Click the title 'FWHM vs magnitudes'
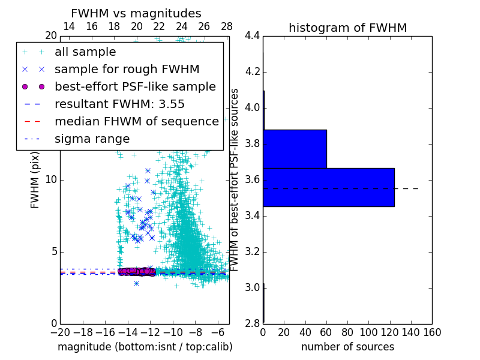point(136,13)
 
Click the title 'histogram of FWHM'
point(347,28)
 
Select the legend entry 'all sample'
point(85,52)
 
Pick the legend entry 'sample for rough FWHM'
point(127,70)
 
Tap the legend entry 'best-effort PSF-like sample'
point(135,87)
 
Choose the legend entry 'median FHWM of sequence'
point(136,122)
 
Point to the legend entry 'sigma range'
point(92,139)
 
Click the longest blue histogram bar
point(328,187)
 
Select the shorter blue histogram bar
point(295,149)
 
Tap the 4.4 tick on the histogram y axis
point(253,36)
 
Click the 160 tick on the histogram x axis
point(431,332)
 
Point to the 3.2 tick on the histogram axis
point(253,251)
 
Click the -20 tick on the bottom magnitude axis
point(59,332)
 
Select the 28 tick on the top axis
point(227,26)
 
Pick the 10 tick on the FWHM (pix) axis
point(50,180)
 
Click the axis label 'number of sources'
point(347,347)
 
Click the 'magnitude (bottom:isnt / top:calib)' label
point(145,347)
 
